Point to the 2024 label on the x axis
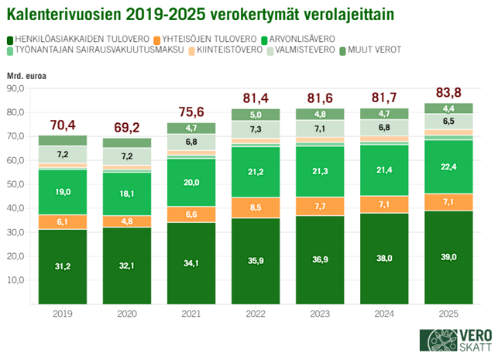[385, 314]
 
